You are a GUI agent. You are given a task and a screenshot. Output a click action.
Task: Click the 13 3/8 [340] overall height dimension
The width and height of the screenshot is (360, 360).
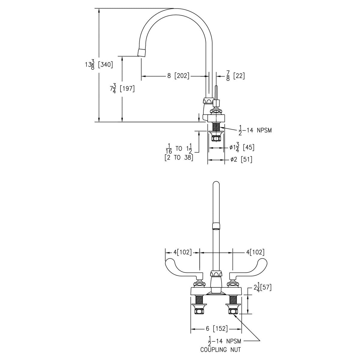click(99, 65)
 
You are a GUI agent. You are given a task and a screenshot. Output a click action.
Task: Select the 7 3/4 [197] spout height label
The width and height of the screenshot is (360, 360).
click(122, 89)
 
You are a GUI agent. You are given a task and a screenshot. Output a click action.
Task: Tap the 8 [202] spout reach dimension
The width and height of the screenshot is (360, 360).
click(178, 76)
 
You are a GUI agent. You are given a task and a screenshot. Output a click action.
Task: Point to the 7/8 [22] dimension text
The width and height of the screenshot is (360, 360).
click(235, 76)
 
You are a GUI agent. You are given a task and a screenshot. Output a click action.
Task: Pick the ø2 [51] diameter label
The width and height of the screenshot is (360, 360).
click(241, 160)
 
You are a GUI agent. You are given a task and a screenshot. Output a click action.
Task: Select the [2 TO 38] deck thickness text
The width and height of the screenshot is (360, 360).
click(179, 158)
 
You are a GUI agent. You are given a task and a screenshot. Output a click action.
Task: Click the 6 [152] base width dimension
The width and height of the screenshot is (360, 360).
click(217, 328)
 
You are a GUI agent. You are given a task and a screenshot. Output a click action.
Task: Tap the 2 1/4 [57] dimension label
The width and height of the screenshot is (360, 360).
click(262, 288)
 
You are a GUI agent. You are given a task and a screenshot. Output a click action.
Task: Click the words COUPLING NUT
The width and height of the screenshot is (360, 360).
click(220, 349)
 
